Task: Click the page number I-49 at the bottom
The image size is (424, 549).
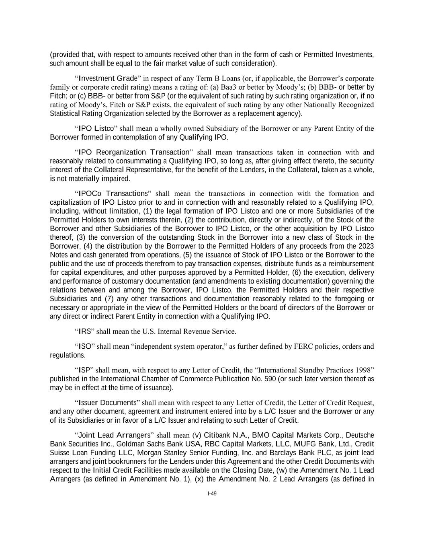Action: click(212, 494)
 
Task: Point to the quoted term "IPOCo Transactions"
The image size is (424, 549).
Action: click(113, 193)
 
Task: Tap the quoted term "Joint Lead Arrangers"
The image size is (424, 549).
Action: click(114, 435)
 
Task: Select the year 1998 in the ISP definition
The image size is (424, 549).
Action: click(365, 370)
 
